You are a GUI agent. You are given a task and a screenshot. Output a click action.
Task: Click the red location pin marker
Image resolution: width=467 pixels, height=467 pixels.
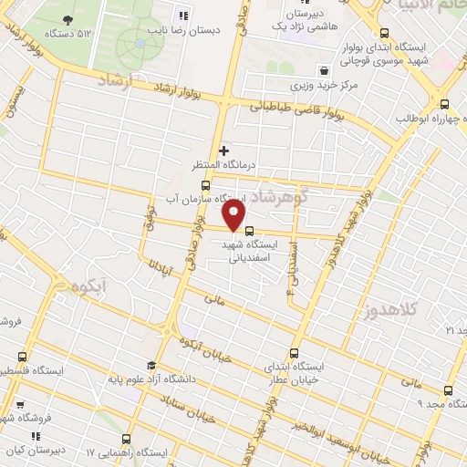coord(233,216)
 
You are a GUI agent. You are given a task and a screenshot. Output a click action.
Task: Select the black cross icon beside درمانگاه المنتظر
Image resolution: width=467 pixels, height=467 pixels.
coord(223,150)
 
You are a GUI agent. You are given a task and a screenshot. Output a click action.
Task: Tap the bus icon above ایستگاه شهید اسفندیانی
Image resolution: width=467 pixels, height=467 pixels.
coord(250,229)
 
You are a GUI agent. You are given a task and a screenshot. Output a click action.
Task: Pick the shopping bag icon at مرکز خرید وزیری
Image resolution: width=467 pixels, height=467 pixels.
coord(324,70)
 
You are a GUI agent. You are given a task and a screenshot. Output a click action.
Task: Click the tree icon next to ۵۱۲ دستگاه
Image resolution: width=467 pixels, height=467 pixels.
coord(67,19)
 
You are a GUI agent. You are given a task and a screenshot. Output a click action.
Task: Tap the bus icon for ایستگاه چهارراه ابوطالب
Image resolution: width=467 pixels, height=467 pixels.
coord(445,104)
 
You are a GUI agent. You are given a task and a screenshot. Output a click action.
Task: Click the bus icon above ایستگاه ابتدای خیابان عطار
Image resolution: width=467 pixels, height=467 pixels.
coord(294,353)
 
